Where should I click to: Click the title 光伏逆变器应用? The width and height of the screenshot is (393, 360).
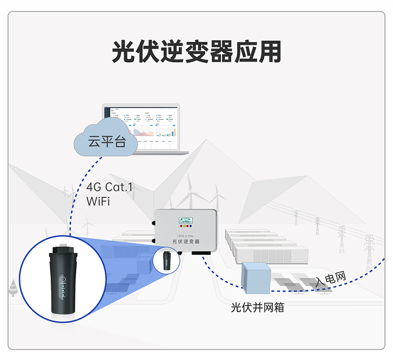196,52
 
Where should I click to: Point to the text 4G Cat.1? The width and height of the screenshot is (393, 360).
110,188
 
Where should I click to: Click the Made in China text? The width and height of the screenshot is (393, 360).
185,235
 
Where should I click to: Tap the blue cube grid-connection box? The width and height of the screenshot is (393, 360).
256,278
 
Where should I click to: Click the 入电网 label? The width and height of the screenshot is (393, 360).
331,278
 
